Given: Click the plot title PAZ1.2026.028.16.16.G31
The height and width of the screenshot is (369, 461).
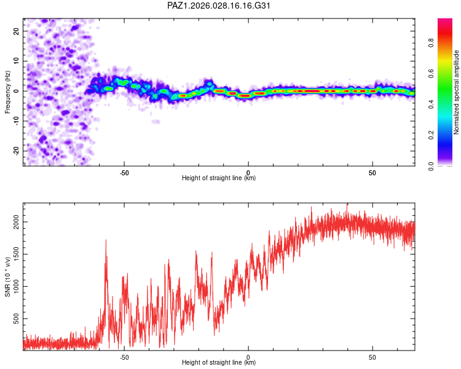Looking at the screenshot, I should (x=219, y=6).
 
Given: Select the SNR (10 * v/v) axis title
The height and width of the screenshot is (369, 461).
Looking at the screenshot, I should (x=8, y=277).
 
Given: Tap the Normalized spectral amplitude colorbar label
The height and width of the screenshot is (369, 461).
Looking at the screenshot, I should (x=456, y=92).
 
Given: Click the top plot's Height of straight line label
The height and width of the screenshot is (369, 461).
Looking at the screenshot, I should (x=219, y=178).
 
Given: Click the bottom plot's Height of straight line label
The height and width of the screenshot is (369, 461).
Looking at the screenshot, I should (x=219, y=363).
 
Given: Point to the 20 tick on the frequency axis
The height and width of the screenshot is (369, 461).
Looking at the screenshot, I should (x=17, y=31).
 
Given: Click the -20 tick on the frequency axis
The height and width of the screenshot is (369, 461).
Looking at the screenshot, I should (x=15, y=151).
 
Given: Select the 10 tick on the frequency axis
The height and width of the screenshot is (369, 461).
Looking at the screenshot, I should (x=17, y=61).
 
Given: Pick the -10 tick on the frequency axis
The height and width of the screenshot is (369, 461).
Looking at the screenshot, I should (x=15, y=121).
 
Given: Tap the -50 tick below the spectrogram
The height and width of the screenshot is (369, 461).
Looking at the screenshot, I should (x=124, y=173).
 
